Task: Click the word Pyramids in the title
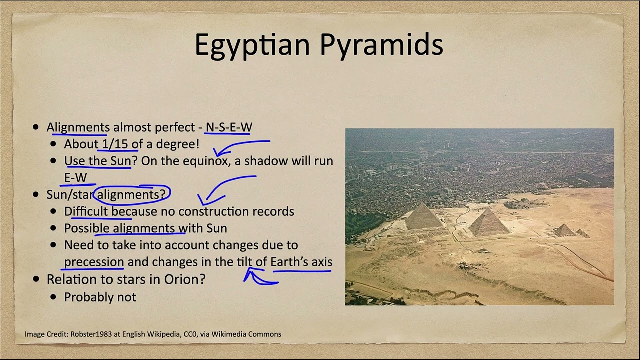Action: [x=381, y=45]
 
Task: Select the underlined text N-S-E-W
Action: [x=228, y=127]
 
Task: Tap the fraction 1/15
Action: [x=115, y=144]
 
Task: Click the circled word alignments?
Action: [x=131, y=194]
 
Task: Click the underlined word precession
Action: [x=94, y=262]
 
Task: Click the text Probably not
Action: [x=100, y=297]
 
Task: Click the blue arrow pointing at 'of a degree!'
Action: [x=240, y=146]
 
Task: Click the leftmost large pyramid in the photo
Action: [x=423, y=218]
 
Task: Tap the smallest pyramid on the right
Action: [x=565, y=230]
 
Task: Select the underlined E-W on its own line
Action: [x=75, y=177]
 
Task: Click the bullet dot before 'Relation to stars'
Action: [x=35, y=279]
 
